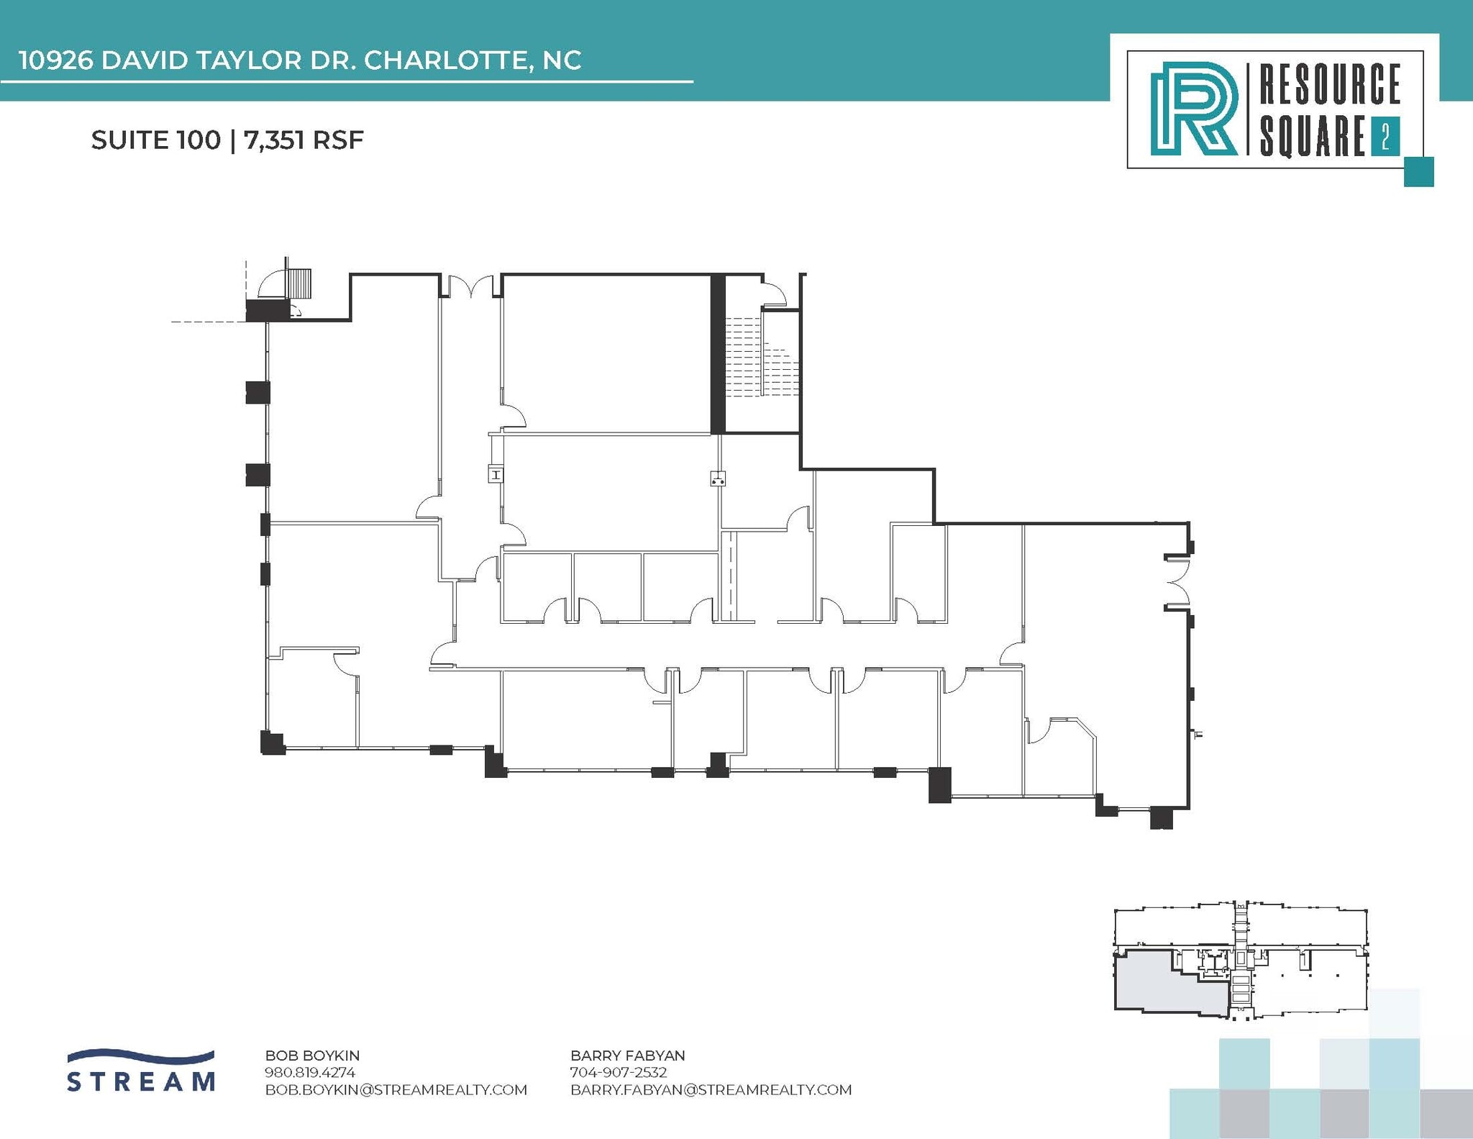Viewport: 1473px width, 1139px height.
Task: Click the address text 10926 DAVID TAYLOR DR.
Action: [187, 60]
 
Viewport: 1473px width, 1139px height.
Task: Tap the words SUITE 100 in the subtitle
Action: [155, 140]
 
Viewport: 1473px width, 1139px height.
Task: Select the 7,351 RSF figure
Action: [304, 140]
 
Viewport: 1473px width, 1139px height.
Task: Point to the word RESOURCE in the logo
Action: [1329, 84]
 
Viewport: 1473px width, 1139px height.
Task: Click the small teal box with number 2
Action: [1385, 137]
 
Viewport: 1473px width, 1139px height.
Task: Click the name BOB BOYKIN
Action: [312, 1056]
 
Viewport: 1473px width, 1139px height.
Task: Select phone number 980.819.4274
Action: [310, 1072]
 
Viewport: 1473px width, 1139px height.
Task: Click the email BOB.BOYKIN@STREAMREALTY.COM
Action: [396, 1089]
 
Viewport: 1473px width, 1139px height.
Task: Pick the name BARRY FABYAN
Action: [627, 1056]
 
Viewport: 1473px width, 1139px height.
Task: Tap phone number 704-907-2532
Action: [619, 1072]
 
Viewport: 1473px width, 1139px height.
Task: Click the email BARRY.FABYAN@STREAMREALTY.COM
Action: [711, 1089]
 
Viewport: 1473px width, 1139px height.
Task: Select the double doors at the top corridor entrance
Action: [471, 286]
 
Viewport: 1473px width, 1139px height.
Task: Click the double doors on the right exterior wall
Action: [1177, 582]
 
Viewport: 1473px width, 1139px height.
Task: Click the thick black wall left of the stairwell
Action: [717, 354]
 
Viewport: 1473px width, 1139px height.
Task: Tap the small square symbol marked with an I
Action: [496, 474]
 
